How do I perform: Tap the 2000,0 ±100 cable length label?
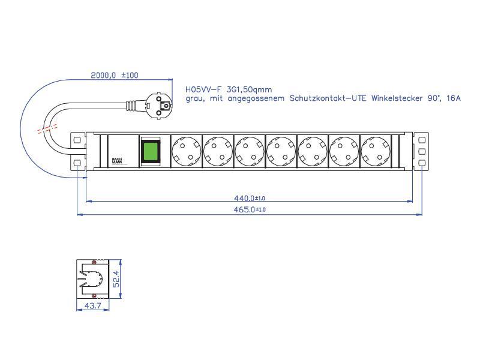pyautogui.click(x=114, y=76)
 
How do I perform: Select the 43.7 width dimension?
pyautogui.click(x=92, y=307)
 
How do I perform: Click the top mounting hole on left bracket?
pyautogui.click(x=76, y=140)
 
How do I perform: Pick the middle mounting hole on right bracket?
pyautogui.click(x=422, y=151)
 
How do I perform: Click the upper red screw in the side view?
pyautogui.click(x=94, y=263)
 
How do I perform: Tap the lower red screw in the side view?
pyautogui.click(x=94, y=296)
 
